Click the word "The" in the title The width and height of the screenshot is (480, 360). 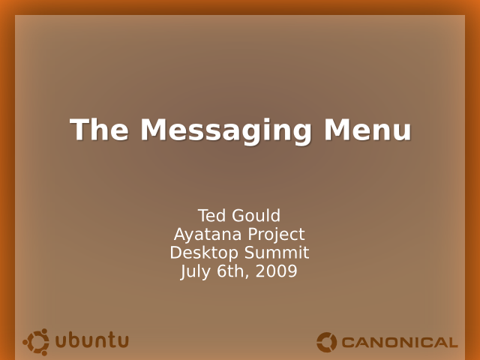point(99,130)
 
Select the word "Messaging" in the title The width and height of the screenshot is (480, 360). point(226,132)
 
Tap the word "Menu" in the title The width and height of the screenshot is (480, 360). point(367,130)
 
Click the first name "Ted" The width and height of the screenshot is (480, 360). point(211,215)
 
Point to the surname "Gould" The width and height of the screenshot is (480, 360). point(256,215)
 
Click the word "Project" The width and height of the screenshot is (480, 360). point(276,235)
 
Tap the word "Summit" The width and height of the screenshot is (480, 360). point(277,253)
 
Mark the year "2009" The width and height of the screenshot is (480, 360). point(276,271)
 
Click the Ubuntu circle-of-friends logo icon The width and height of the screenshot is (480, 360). point(36,342)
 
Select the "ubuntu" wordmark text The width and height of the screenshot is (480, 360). point(92,340)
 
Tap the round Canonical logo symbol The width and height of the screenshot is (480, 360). point(327,342)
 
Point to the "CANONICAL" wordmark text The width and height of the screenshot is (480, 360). point(400,343)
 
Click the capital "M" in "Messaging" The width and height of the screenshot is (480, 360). point(154,130)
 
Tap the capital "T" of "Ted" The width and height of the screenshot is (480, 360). point(203,215)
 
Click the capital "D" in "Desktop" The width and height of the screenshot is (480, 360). point(176,253)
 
